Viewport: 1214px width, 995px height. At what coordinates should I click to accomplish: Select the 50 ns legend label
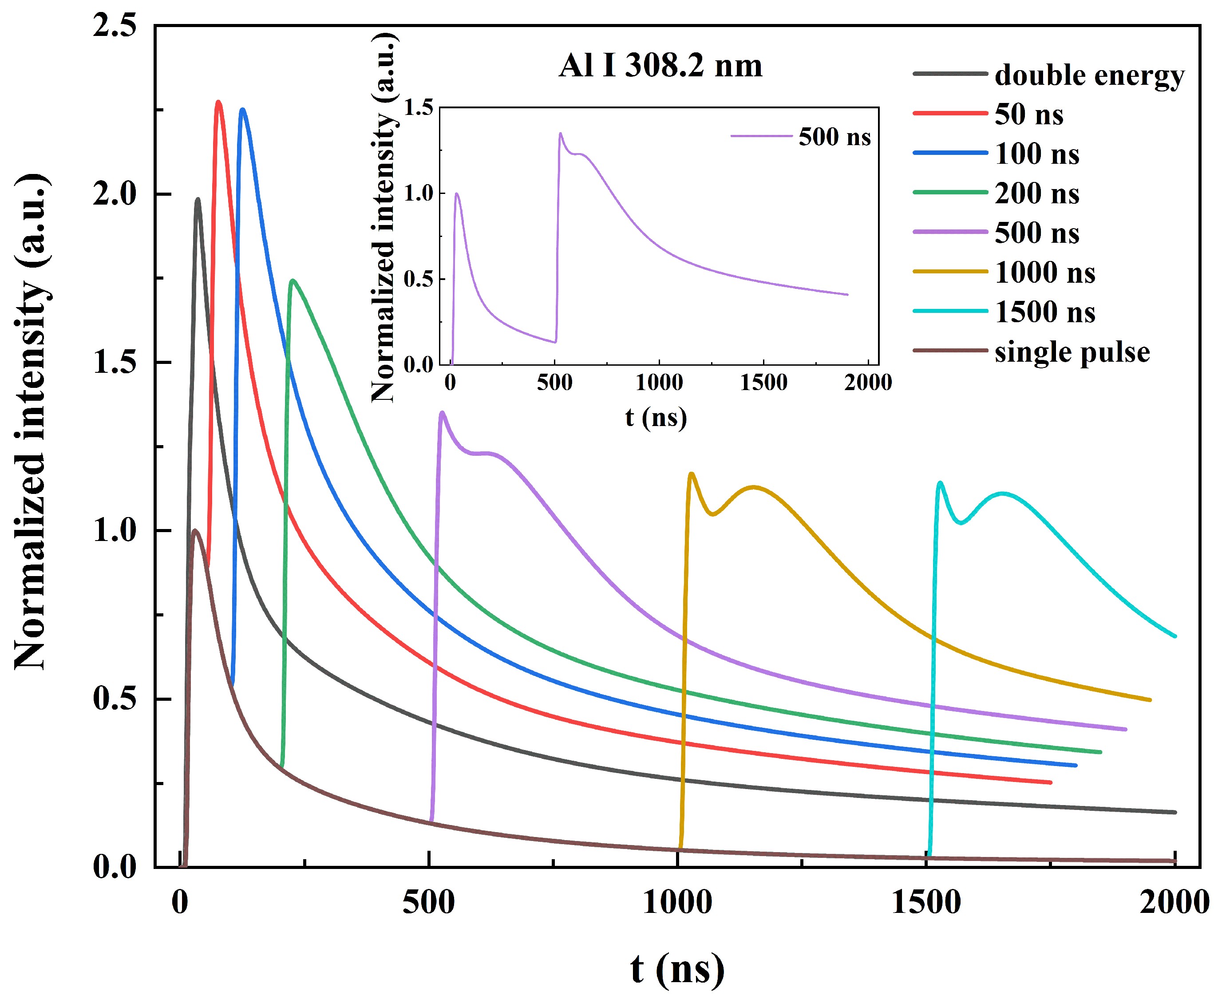[x=1028, y=115]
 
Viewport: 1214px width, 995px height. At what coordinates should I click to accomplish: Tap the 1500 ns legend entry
[x=1044, y=312]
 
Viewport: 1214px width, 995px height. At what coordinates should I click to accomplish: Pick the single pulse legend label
[x=1072, y=352]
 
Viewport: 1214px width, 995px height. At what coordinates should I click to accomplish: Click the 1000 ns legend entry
[x=1044, y=273]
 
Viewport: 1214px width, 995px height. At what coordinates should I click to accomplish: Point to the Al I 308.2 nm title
[x=660, y=66]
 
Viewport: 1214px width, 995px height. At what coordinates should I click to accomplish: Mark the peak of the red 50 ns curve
[x=218, y=102]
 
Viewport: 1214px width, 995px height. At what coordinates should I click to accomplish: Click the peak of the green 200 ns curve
[x=293, y=280]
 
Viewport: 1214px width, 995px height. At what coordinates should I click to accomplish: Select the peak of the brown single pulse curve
[x=195, y=530]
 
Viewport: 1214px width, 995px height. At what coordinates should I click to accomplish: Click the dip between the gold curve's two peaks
[x=712, y=514]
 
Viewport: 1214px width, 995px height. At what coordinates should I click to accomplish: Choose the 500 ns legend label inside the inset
[x=834, y=137]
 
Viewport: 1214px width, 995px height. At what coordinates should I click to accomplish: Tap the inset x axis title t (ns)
[x=656, y=417]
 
